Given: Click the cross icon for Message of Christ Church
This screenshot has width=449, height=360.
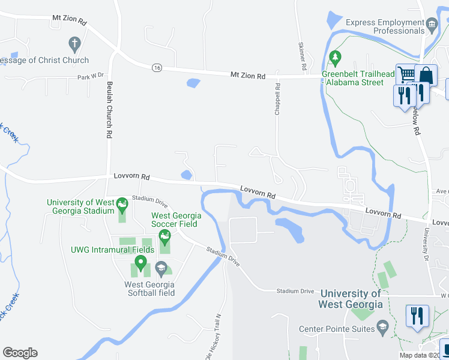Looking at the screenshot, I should tap(74, 44).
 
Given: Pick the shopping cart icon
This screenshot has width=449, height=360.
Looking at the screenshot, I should tap(407, 74).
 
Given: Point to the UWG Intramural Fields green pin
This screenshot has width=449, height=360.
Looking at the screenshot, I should tap(140, 263).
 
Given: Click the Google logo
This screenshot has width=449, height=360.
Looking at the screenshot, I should tap(20, 353).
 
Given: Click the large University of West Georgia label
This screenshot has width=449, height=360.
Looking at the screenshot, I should tap(351, 299).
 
